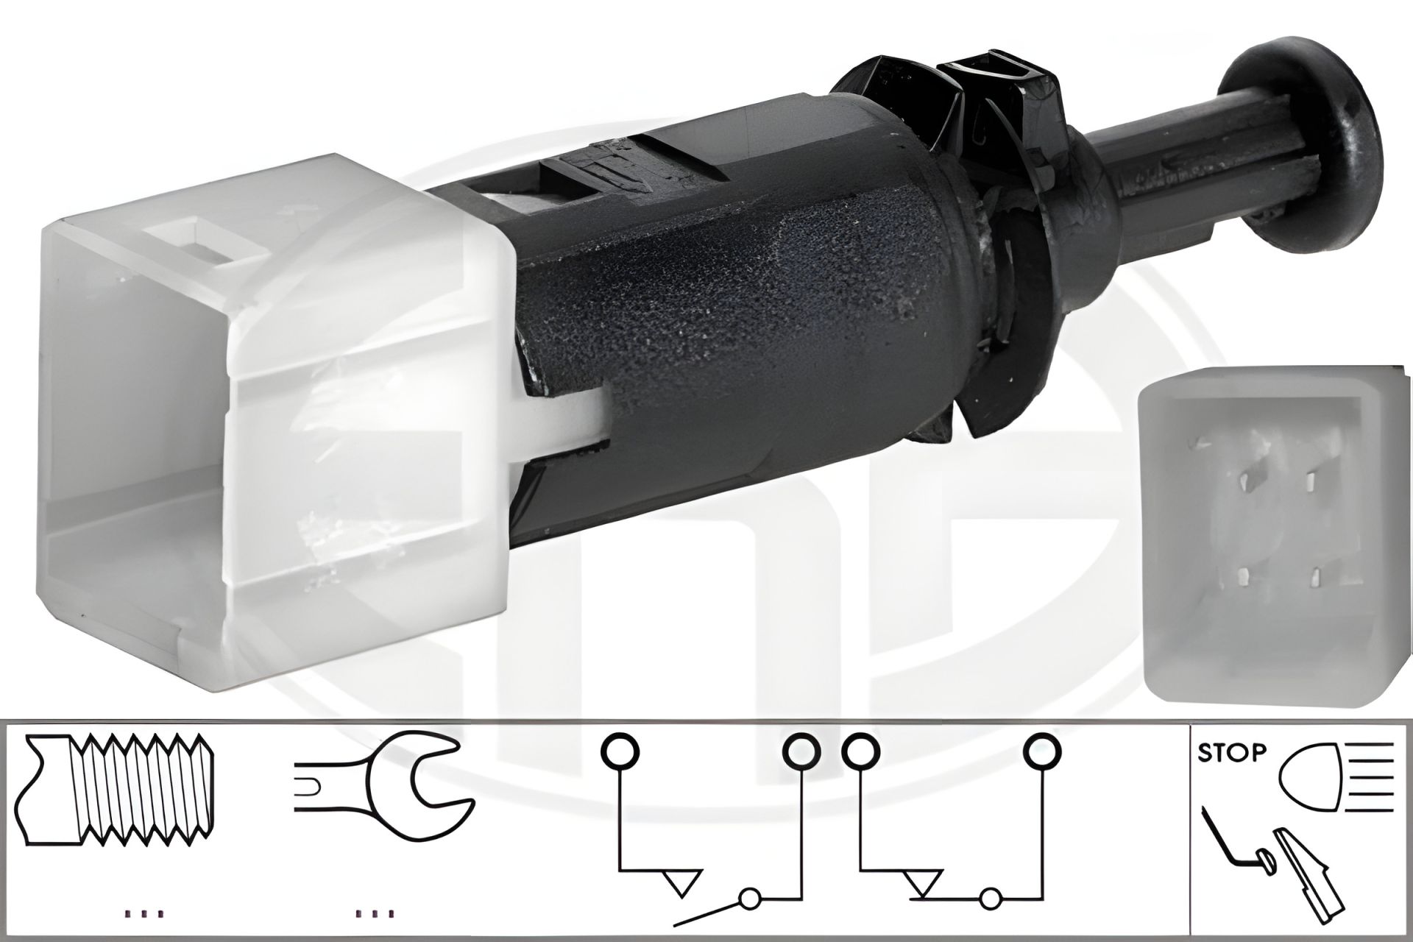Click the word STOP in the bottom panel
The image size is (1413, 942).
[x=1232, y=753]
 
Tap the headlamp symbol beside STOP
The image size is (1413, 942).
[x=1337, y=775]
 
